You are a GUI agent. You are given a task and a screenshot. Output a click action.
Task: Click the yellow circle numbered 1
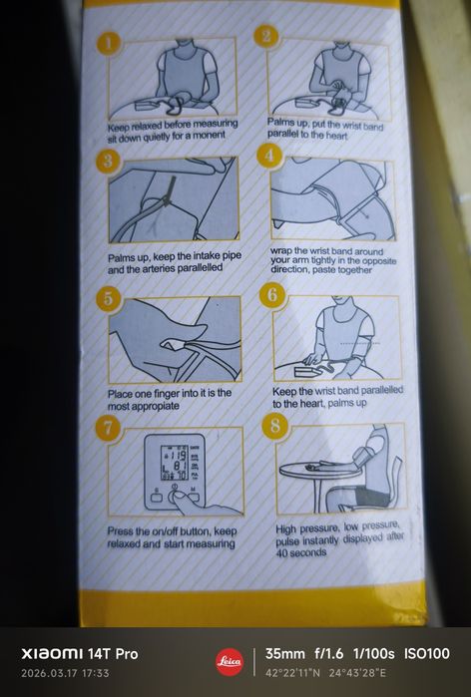[x=109, y=44]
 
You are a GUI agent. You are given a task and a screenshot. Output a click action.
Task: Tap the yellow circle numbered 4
[x=269, y=156]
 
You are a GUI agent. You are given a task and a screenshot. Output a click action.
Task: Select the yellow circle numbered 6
[x=271, y=294]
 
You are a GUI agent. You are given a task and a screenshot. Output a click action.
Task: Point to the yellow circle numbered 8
[x=274, y=426]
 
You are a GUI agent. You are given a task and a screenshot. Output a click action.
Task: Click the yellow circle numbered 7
[x=108, y=428]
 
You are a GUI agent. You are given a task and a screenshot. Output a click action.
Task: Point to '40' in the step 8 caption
[x=282, y=553]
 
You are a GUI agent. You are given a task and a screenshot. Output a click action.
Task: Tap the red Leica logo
[x=230, y=662]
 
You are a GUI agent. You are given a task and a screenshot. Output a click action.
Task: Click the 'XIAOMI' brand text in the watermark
[x=52, y=654]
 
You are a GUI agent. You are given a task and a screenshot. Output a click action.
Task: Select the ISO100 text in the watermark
[x=426, y=653]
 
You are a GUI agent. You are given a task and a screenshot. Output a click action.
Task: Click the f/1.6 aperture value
[x=329, y=653]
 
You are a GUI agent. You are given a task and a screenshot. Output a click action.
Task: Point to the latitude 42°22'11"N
[x=292, y=673]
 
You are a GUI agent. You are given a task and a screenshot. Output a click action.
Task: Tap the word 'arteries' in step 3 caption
[x=158, y=269]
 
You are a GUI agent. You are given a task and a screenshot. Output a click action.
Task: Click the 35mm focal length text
[x=285, y=653]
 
